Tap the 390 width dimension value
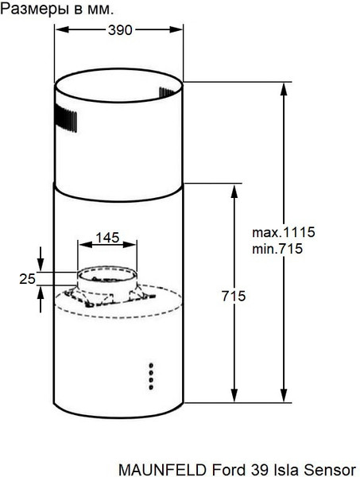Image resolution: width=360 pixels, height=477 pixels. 119,29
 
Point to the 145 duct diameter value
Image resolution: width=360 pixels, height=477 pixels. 107,237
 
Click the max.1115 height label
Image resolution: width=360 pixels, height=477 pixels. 284,233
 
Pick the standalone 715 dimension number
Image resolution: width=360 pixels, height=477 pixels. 234,296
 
